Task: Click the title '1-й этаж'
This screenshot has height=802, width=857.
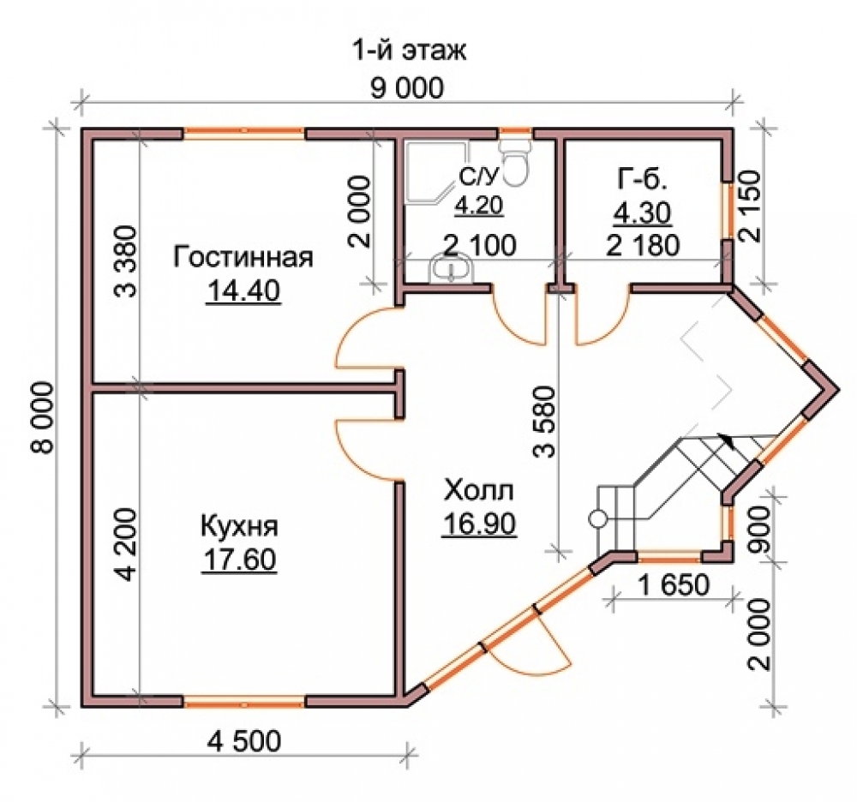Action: (x=409, y=51)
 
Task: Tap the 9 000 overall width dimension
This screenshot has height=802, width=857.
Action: (x=407, y=88)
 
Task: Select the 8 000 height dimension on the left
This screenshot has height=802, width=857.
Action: (x=43, y=417)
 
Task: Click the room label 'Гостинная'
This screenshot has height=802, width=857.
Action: (x=243, y=257)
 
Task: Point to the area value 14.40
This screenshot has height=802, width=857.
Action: (x=243, y=290)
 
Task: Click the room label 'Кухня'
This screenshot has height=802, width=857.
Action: (x=239, y=527)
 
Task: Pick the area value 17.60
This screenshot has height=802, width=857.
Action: (x=239, y=560)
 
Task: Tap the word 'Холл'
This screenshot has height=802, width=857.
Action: (x=479, y=490)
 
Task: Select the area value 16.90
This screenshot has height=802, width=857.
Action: (x=479, y=524)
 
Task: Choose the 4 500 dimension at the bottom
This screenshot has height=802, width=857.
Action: (x=244, y=741)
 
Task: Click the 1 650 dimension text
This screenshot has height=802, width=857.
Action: (x=673, y=585)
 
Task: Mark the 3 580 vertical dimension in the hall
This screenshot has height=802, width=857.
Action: (x=544, y=422)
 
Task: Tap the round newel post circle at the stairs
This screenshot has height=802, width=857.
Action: (x=598, y=518)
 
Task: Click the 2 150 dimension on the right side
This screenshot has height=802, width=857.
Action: (x=750, y=206)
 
